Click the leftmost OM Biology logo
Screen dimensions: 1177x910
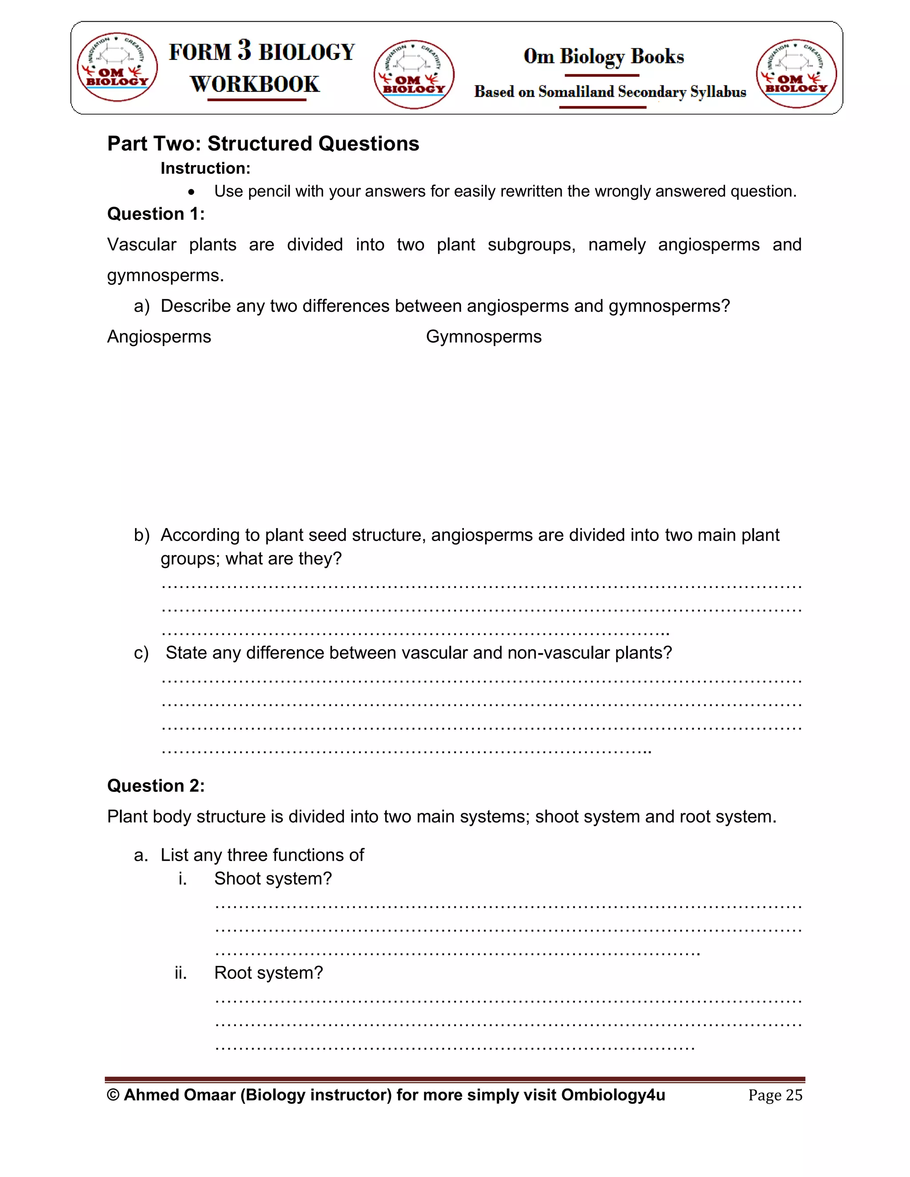click(117, 67)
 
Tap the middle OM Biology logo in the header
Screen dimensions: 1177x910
click(414, 74)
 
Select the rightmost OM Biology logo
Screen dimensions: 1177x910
click(796, 74)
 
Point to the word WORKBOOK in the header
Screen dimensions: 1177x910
click(255, 84)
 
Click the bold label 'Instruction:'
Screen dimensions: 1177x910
click(205, 168)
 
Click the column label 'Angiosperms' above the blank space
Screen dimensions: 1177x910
click(159, 337)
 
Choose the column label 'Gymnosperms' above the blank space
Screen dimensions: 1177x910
click(483, 337)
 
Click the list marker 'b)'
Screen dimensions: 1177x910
click(141, 535)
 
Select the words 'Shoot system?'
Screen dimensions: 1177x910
click(273, 879)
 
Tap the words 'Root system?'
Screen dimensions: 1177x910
click(268, 973)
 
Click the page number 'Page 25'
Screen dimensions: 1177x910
click(775, 1095)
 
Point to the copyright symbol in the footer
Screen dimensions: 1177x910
click(113, 1095)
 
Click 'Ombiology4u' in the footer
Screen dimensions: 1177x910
click(613, 1095)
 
